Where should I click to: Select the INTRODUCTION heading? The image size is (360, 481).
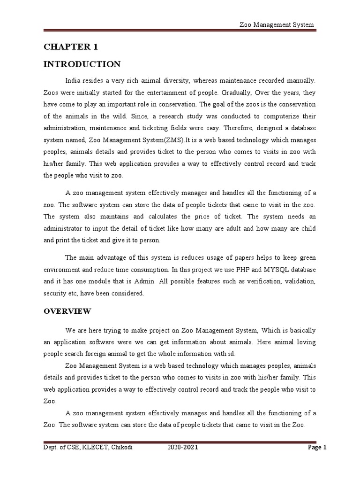(x=82, y=64)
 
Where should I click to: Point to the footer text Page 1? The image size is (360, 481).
(x=316, y=448)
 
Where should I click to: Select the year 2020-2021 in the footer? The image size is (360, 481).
(x=183, y=448)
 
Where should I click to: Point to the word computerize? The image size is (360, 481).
(x=259, y=116)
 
